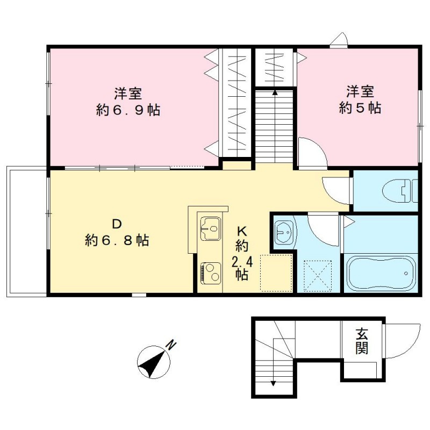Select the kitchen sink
(211, 228)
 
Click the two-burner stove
(211, 273)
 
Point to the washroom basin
(284, 232)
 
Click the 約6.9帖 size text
(128, 110)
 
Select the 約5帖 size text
(360, 108)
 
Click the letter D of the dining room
(117, 224)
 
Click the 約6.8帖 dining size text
(117, 240)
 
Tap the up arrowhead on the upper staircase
(275, 92)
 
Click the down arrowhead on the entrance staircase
(273, 383)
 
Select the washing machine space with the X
(318, 275)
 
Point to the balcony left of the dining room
(27, 232)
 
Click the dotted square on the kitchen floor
(276, 273)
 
